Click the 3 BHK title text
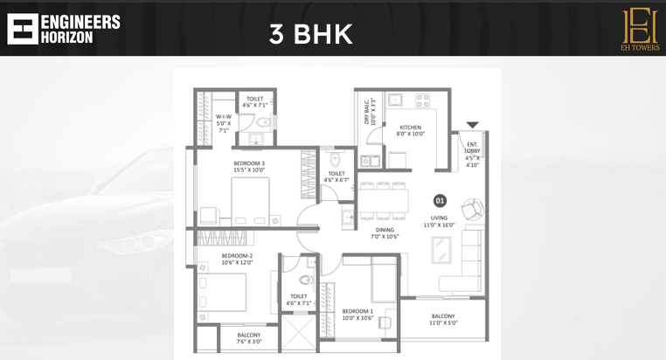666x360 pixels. (310, 34)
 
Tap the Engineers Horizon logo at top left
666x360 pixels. (63, 28)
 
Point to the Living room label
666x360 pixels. (440, 221)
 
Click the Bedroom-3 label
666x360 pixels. (249, 167)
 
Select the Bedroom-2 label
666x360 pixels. (237, 260)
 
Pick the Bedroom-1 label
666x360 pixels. (357, 315)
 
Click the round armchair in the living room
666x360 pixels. (472, 208)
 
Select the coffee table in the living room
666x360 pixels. (441, 250)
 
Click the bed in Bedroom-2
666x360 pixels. (223, 293)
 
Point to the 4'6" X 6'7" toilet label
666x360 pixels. (336, 177)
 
